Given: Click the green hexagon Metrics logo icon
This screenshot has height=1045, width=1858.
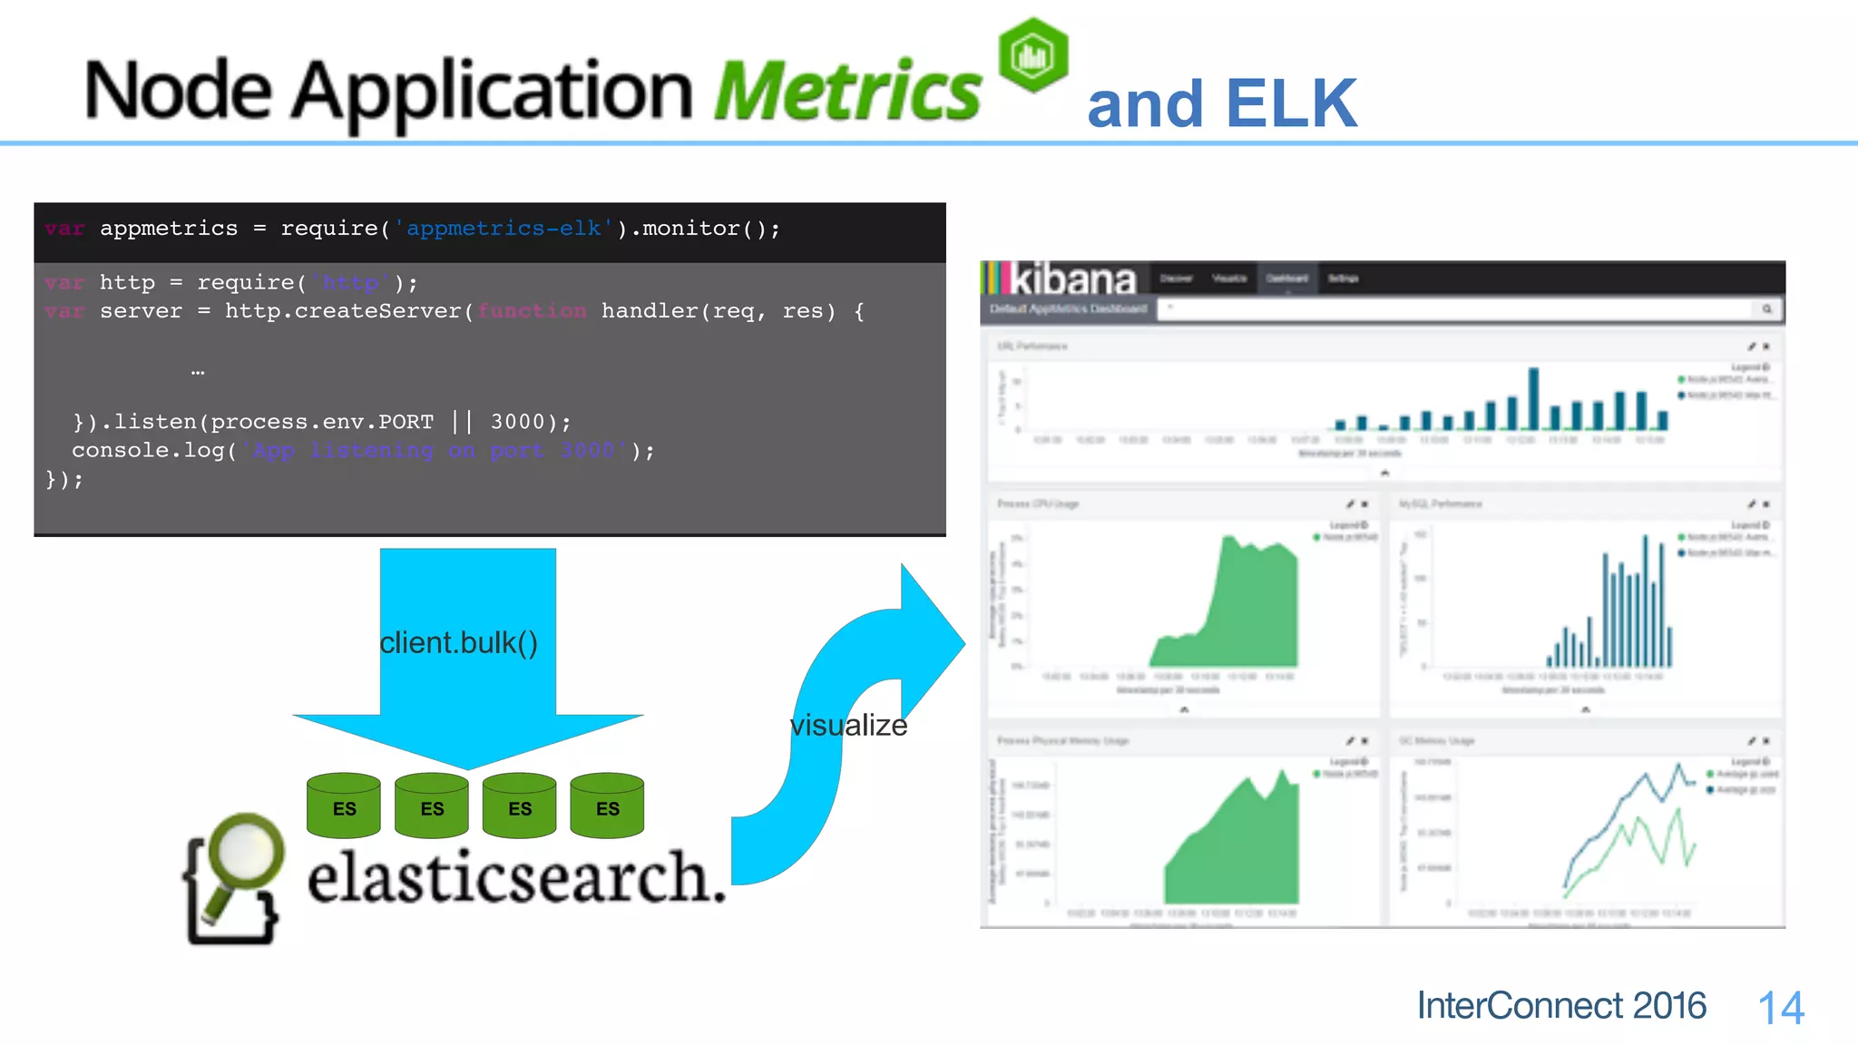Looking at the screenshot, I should pos(1032,55).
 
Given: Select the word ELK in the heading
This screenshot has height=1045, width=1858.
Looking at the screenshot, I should pos(1291,103).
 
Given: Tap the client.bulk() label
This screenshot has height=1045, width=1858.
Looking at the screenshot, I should pos(458,642).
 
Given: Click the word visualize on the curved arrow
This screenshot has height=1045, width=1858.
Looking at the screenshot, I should pos(848,725).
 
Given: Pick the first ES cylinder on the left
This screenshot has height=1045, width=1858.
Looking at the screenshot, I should pos(344,806).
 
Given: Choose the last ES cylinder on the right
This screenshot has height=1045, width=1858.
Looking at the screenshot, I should pos(607,806).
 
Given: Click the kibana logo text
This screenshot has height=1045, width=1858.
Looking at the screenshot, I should pos(1072,278).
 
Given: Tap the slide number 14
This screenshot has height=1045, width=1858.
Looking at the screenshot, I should pos(1780,1008).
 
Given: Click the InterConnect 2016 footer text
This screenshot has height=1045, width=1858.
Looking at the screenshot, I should pos(1561,1006).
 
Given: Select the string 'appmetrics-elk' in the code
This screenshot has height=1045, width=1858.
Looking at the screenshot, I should pos(504,229).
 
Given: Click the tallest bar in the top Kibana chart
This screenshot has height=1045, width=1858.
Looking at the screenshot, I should pos(1533,398).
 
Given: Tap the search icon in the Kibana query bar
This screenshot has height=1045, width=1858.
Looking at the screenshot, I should pos(1766,309).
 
